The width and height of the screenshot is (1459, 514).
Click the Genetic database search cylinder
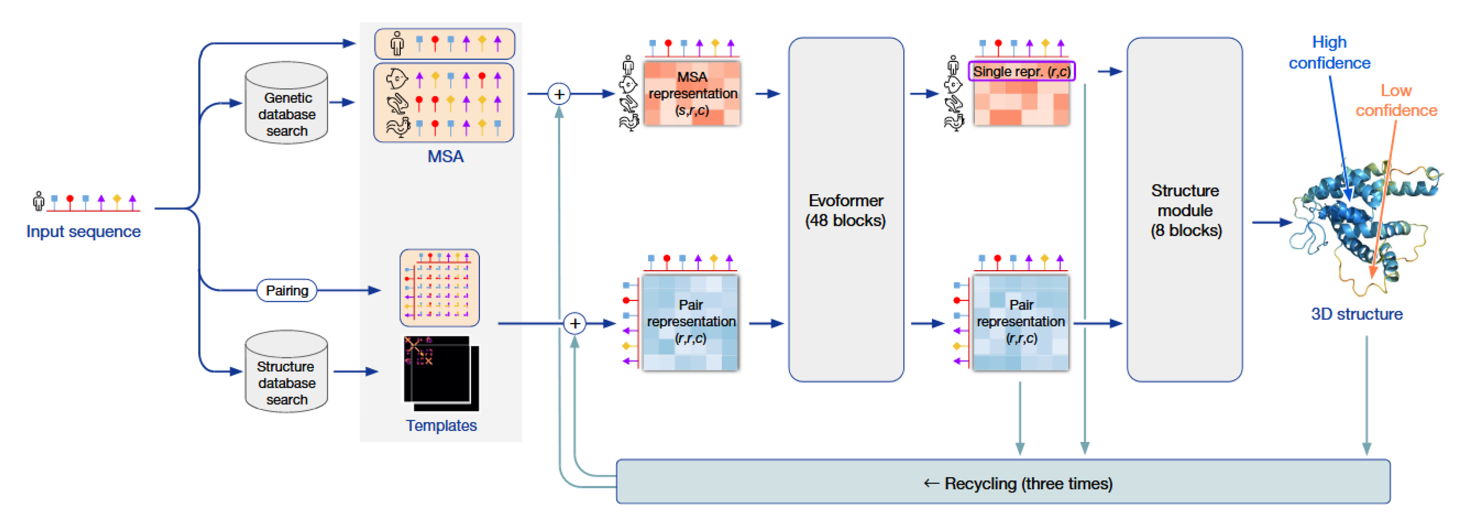pyautogui.click(x=287, y=104)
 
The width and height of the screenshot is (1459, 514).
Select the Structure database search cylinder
pyautogui.click(x=287, y=372)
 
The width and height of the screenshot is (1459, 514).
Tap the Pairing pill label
pyautogui.click(x=287, y=291)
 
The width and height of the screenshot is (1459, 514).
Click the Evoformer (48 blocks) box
pyautogui.click(x=846, y=210)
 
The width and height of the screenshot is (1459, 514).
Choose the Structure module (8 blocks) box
pyautogui.click(x=1184, y=210)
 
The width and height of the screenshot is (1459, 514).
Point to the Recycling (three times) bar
pyautogui.click(x=1002, y=483)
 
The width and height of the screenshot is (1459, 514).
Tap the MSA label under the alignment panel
pyautogui.click(x=445, y=156)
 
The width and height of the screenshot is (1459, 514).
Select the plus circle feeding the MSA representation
pyautogui.click(x=559, y=94)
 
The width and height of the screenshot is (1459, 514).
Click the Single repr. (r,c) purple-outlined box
pyautogui.click(x=1021, y=71)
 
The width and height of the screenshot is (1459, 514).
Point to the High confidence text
pyautogui.click(x=1329, y=53)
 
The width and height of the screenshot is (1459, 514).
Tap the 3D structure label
pyautogui.click(x=1356, y=314)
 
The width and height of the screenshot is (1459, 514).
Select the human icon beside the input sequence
pyautogui.click(x=38, y=201)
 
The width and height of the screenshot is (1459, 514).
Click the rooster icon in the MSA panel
pyautogui.click(x=398, y=127)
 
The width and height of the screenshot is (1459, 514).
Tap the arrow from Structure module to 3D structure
pyautogui.click(x=1271, y=223)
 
